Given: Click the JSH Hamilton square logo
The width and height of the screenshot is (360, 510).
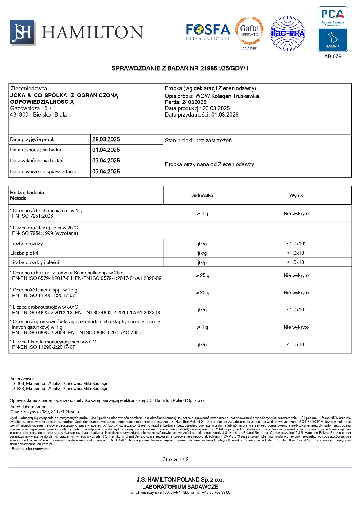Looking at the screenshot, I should pyautogui.click(x=22, y=33).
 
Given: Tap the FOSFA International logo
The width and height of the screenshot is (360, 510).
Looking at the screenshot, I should pyautogui.click(x=208, y=32).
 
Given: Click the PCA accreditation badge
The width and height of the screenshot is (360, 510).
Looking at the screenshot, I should pyautogui.click(x=333, y=29).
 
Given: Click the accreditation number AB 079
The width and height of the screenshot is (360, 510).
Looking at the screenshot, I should pyautogui.click(x=333, y=56).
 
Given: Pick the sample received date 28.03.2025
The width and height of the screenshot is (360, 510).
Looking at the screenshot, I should pyautogui.click(x=106, y=139).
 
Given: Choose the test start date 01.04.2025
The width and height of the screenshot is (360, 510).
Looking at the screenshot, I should pyautogui.click(x=106, y=150).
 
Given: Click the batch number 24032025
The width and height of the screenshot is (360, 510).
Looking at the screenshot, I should pyautogui.click(x=194, y=102).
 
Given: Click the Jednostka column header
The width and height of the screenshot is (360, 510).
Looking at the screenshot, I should pyautogui.click(x=202, y=196).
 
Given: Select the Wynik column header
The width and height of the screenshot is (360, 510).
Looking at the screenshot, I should pyautogui.click(x=296, y=196).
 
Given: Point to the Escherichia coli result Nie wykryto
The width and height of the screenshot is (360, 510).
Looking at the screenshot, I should pyautogui.click(x=296, y=214).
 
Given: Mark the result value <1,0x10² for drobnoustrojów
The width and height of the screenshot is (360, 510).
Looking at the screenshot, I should pyautogui.click(x=296, y=310).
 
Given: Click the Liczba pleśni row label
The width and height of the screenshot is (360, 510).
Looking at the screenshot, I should pyautogui.click(x=24, y=253).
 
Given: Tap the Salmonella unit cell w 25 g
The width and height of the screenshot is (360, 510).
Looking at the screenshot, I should pyautogui.click(x=202, y=275).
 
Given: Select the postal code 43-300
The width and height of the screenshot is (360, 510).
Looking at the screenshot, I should pyautogui.click(x=19, y=115).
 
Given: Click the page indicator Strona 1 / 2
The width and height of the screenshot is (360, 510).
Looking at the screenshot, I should pyautogui.click(x=175, y=459).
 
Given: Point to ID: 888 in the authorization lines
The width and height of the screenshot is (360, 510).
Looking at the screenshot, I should pyautogui.click(x=17, y=389).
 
